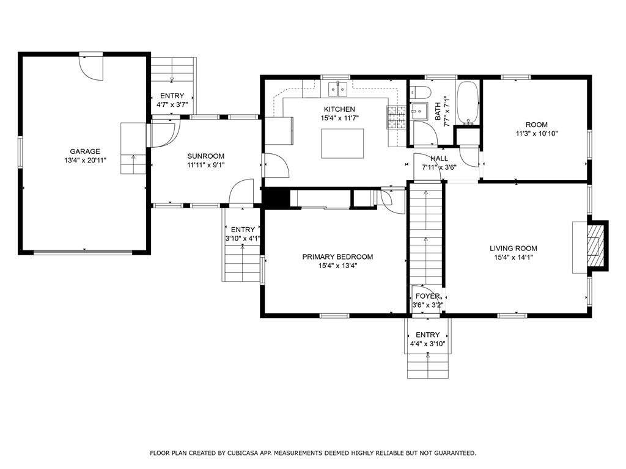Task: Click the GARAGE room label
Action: [85, 151]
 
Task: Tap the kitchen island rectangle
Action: [342, 144]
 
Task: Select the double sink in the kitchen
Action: [338, 89]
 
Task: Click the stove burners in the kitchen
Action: [396, 118]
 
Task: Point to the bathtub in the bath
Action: [467, 103]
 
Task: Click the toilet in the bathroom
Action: [421, 92]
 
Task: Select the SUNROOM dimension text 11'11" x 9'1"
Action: [206, 165]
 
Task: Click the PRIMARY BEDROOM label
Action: [337, 257]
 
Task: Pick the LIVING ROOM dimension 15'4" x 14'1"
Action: [514, 258]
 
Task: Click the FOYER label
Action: [427, 296]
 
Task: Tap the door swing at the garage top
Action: [92, 68]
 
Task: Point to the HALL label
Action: [439, 159]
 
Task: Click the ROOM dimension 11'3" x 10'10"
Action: [537, 134]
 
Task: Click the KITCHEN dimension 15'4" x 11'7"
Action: [339, 118]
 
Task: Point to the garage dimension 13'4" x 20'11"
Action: [85, 161]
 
